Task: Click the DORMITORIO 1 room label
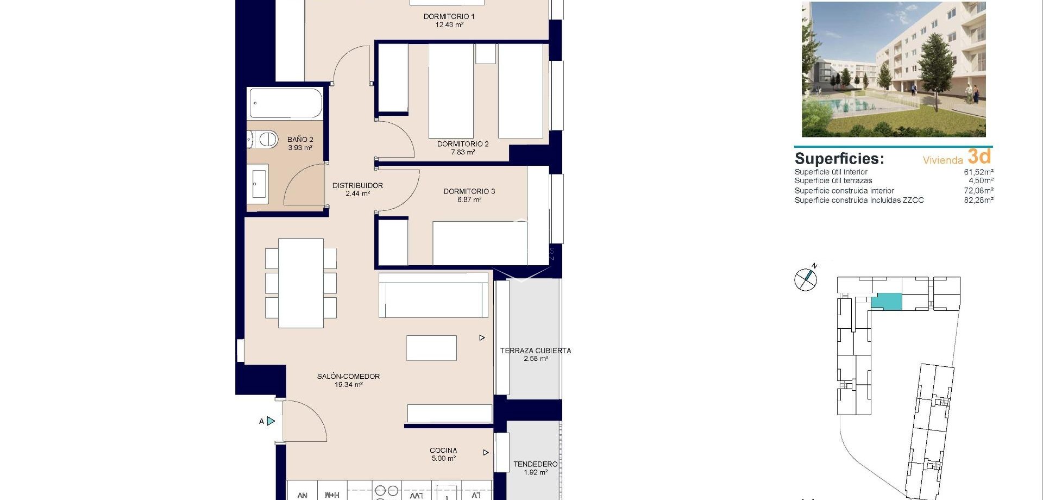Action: tap(449, 17)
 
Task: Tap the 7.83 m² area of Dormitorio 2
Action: tap(463, 153)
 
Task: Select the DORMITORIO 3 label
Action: tap(469, 191)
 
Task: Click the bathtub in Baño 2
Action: tap(285, 103)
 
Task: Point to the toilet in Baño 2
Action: tap(263, 140)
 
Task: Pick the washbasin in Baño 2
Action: tap(259, 184)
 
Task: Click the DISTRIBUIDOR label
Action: tap(357, 185)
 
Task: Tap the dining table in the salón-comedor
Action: tap(300, 283)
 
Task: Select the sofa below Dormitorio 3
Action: tap(433, 296)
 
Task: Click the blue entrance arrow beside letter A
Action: tap(271, 421)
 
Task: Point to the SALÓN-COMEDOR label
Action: tap(348, 376)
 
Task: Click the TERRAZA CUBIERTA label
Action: tap(535, 351)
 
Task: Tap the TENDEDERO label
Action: tap(535, 464)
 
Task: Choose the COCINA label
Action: tap(443, 450)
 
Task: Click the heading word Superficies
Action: tap(839, 159)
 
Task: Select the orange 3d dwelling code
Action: tap(979, 157)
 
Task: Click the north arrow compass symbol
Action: tap(806, 279)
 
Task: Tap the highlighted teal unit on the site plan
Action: tap(887, 302)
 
